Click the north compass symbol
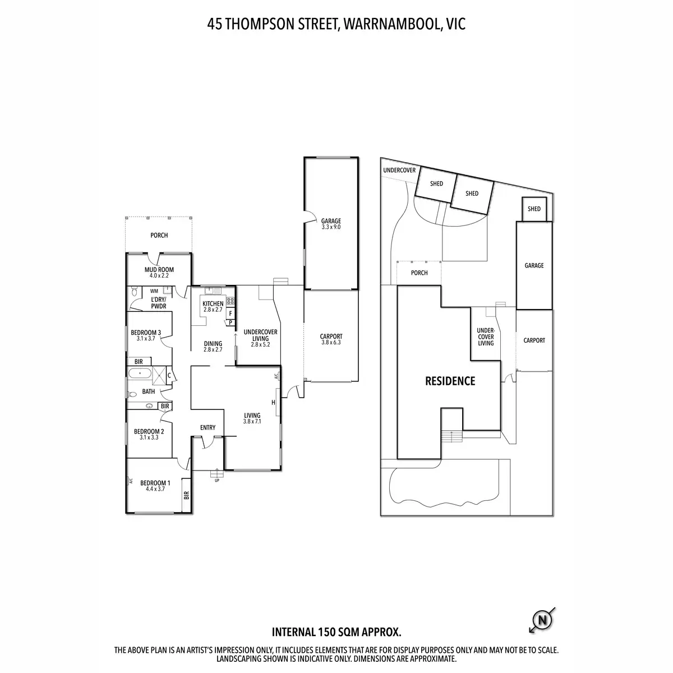(x=542, y=620)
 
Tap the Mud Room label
(x=159, y=273)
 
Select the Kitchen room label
(x=213, y=306)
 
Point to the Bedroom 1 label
(x=155, y=486)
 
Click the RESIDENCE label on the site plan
(x=450, y=381)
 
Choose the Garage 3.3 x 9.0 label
(x=331, y=224)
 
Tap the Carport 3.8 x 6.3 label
(x=331, y=339)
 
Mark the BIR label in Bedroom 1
(x=186, y=495)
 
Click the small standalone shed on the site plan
(x=534, y=209)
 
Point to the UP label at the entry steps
(x=217, y=480)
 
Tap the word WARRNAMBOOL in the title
(x=382, y=24)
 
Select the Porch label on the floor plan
(x=159, y=235)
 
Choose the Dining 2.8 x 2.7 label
(x=213, y=347)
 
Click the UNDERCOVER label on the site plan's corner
(x=399, y=170)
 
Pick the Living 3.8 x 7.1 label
(x=252, y=418)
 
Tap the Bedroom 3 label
(x=146, y=335)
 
